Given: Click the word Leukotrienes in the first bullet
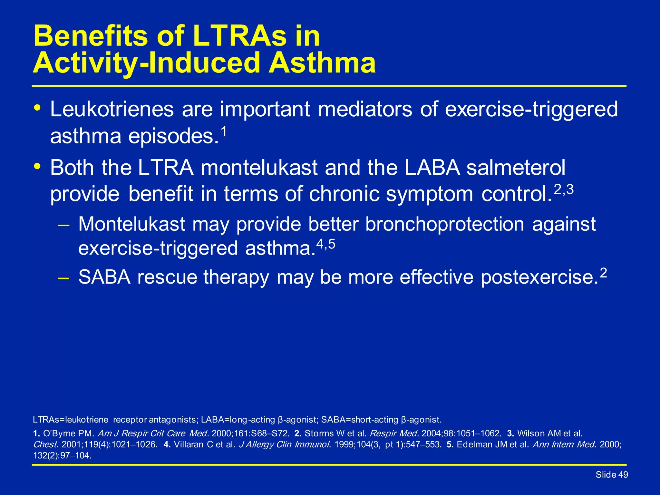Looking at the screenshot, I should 112,109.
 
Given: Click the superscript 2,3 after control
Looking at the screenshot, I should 564,190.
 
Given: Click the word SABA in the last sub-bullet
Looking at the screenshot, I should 104,277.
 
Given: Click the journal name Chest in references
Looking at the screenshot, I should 45,445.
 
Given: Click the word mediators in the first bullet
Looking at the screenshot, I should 365,109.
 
